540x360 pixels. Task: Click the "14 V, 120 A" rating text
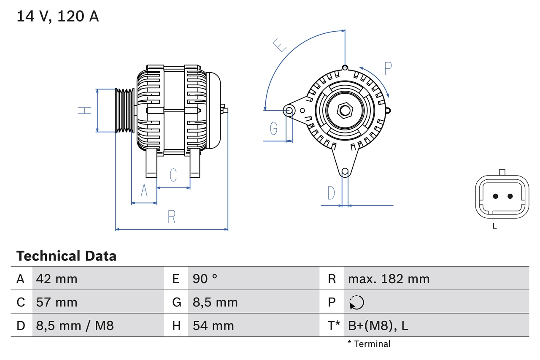(x=57, y=16)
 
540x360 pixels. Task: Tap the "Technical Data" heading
(x=66, y=256)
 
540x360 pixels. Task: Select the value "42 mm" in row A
(x=57, y=279)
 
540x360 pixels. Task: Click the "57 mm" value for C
(x=57, y=302)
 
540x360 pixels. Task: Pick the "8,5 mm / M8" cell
(x=75, y=325)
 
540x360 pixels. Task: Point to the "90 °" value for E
(x=205, y=279)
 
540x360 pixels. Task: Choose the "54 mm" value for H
(x=213, y=325)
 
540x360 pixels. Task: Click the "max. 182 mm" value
(x=389, y=279)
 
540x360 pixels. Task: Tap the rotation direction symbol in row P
(x=356, y=302)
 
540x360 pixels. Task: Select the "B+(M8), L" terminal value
(x=378, y=325)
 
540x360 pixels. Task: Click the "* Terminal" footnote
(x=369, y=344)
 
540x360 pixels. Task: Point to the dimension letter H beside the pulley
(x=85, y=111)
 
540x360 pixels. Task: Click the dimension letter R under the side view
(x=171, y=217)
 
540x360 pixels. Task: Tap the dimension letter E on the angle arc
(x=279, y=45)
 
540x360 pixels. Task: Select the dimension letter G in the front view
(x=274, y=128)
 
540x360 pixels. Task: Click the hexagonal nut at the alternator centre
(x=345, y=111)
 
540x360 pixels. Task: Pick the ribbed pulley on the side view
(x=125, y=111)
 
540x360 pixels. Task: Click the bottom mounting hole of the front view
(x=345, y=171)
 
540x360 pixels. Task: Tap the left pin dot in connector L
(x=496, y=196)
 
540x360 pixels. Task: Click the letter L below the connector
(x=495, y=226)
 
